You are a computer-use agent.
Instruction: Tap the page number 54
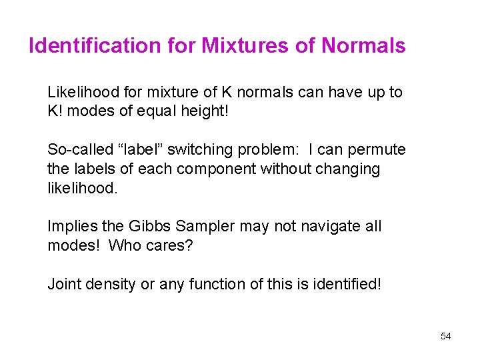(x=446, y=336)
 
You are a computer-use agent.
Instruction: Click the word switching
(x=199, y=150)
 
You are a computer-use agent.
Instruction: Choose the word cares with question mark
(x=168, y=245)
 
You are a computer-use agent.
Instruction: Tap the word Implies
(x=71, y=227)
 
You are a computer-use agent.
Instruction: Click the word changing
(x=345, y=169)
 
